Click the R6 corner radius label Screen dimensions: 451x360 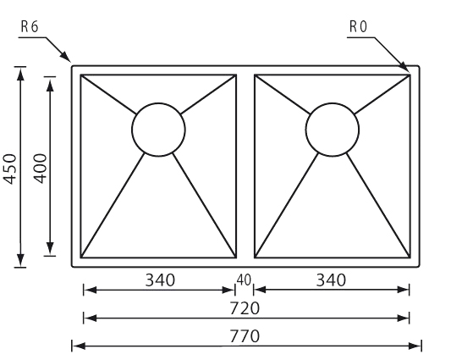tap(30, 27)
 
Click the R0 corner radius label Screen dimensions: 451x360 tap(359, 27)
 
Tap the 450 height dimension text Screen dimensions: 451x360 tap(10, 169)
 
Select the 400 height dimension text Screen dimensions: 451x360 tap(40, 169)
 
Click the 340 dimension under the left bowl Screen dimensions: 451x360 tap(160, 280)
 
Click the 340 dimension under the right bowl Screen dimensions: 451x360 tap(331, 280)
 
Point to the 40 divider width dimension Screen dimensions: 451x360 tap(244, 280)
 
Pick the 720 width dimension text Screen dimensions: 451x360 tap(245, 307)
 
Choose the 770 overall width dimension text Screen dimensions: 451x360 tap(245, 336)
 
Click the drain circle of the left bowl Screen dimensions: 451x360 tap(158, 103)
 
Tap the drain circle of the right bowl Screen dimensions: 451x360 tap(333, 103)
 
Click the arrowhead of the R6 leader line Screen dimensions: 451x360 tap(66, 56)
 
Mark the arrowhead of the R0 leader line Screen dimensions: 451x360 tap(404, 66)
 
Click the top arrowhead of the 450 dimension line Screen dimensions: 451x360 tap(20, 75)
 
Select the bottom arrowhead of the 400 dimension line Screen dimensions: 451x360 tap(50, 248)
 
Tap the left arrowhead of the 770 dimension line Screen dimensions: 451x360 tap(79, 346)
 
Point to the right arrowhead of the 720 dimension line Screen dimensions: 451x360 tap(403, 318)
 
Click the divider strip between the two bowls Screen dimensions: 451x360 tap(245, 166)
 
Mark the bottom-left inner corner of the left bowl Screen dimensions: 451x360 tap(81, 258)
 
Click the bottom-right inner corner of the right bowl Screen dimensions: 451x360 tap(410, 258)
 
